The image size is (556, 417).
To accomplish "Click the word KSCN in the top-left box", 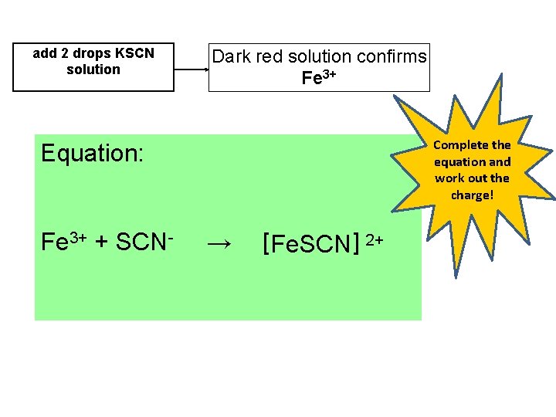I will (134, 53).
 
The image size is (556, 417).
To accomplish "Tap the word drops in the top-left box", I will (91, 53).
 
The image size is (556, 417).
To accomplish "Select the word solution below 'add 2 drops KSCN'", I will (93, 69).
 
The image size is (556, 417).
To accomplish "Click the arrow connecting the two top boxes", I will (191, 68).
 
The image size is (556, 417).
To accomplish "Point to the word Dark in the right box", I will (229, 56).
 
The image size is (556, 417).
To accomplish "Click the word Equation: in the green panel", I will (92, 153).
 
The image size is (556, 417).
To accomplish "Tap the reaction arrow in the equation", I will (219, 245).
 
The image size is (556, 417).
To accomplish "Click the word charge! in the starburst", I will (472, 195).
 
